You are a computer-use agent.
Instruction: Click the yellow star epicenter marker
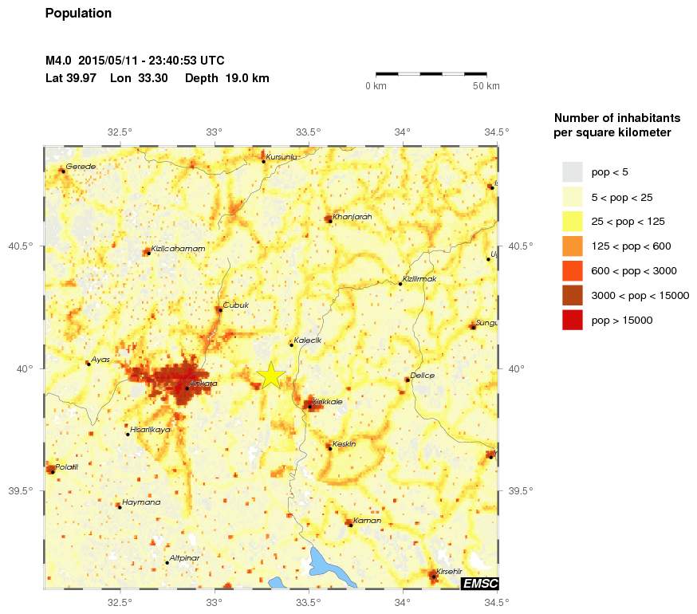pos(271,375)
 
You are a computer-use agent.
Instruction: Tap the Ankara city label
pos(203,384)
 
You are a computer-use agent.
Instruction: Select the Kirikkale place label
pos(327,402)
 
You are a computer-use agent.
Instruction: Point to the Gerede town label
pos(81,167)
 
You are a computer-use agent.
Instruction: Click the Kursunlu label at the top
pos(282,157)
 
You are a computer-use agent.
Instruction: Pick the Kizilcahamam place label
pos(178,249)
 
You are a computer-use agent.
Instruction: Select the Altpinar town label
pos(184,559)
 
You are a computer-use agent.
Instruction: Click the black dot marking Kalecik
pos(291,345)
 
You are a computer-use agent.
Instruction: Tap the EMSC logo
pos(479,584)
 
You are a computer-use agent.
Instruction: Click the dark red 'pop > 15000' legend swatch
pos(573,320)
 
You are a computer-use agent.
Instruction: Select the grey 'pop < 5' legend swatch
pos(573,171)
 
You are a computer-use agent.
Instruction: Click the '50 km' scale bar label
pos(486,86)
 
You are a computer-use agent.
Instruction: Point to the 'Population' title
pos(79,14)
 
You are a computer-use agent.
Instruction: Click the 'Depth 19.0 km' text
pos(227,78)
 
